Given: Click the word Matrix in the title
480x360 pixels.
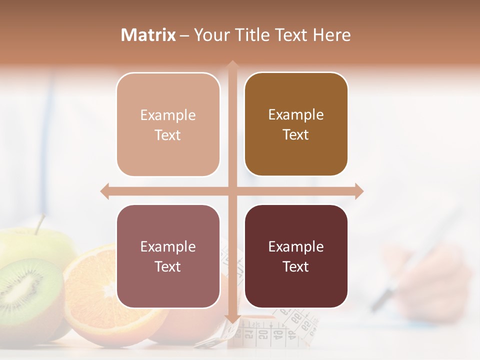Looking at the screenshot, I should pyautogui.click(x=148, y=35).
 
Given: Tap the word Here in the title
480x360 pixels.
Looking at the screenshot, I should pyautogui.click(x=331, y=35).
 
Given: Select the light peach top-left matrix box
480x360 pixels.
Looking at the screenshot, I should pyautogui.click(x=168, y=124).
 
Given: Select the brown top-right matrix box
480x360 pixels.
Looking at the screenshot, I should pyautogui.click(x=296, y=124).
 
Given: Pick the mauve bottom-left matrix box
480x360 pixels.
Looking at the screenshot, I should pyautogui.click(x=168, y=256).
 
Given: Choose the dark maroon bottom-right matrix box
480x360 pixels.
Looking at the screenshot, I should pyautogui.click(x=296, y=256).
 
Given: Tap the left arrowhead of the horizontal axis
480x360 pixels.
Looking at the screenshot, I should pyautogui.click(x=104, y=191).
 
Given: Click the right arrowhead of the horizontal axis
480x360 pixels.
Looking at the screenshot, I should pyautogui.click(x=359, y=191).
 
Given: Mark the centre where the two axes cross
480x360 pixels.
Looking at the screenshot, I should pyautogui.click(x=232, y=191).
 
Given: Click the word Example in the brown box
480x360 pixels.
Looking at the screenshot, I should pyautogui.click(x=296, y=114).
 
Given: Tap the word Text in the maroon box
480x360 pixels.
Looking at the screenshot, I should pyautogui.click(x=296, y=266).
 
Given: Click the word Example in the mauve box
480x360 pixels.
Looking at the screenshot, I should pyautogui.click(x=168, y=246).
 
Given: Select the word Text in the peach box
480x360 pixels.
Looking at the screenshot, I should pyautogui.click(x=168, y=135).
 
